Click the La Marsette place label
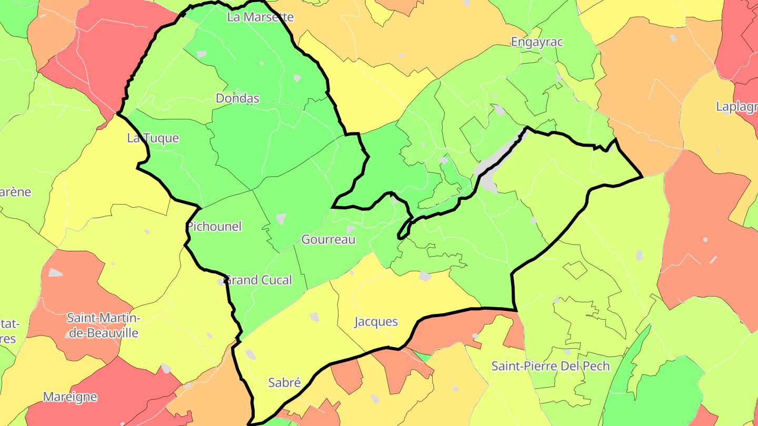pos(260,17)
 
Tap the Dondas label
pos(237,98)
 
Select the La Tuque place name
pos(153,138)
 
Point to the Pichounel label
pos(214,227)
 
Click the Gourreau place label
pos(328,240)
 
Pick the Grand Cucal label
pos(258,280)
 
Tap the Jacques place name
pos(376,322)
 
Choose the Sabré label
pos(284,382)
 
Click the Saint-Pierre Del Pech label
pos(551,366)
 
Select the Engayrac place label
pos(537,42)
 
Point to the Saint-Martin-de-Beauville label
pos(103,326)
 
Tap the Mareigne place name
pos(70,397)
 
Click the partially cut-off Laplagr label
pos(736,107)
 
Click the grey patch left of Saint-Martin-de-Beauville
pos(55,273)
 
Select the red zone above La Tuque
pos(100,63)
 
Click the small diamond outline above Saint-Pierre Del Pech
pos(575,270)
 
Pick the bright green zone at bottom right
pos(658,389)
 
